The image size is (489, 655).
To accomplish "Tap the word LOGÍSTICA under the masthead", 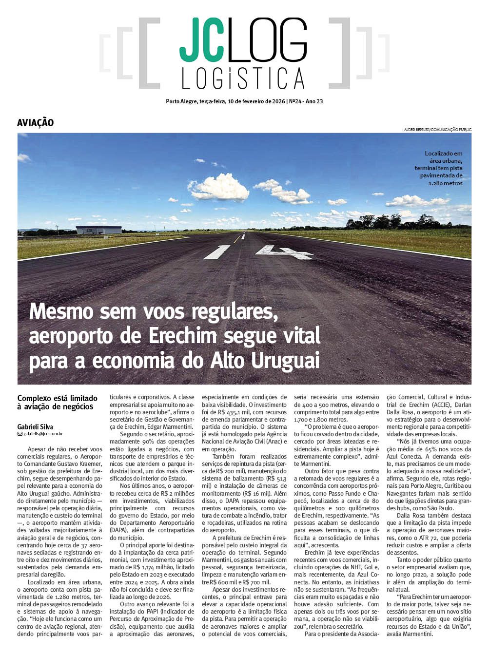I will click(243, 78).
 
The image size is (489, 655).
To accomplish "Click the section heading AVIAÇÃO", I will click(35, 123).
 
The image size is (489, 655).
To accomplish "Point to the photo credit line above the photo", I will click(437, 130).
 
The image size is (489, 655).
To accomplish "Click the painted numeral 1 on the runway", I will click(217, 252).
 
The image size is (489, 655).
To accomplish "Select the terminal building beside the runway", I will click(98, 230).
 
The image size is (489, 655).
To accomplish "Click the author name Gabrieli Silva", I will click(35, 426).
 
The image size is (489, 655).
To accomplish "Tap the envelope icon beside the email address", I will click(20, 434).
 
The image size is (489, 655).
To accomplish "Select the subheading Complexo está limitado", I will click(58, 398).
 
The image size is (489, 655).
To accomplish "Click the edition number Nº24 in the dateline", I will click(295, 101).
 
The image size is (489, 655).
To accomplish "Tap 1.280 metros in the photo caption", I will click(445, 183).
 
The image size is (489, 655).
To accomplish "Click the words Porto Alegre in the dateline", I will click(181, 101).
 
